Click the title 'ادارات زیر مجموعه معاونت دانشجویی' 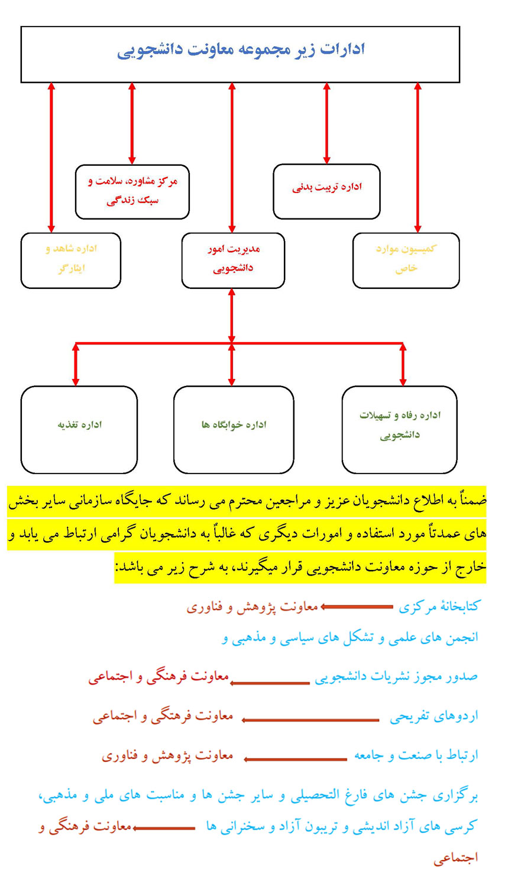[x=241, y=49]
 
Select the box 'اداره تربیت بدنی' [x=326, y=191]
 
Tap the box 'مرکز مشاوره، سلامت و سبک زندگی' [x=132, y=191]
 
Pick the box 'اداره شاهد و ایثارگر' [x=71, y=260]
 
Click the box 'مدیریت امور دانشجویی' [x=233, y=260]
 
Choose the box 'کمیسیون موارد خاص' [x=406, y=260]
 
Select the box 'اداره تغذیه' [x=79, y=429]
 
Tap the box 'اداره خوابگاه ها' [x=234, y=429]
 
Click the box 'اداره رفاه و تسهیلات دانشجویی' [x=400, y=429]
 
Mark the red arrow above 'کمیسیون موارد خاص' [x=418, y=157]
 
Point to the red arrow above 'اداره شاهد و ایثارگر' [x=51, y=157]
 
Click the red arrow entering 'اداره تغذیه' [x=76, y=365]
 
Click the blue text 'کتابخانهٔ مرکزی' [x=439, y=606]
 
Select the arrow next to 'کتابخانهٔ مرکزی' [x=357, y=607]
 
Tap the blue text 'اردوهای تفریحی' [x=433, y=716]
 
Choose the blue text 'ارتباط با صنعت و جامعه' [x=416, y=755]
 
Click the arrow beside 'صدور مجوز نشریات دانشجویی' [x=270, y=683]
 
